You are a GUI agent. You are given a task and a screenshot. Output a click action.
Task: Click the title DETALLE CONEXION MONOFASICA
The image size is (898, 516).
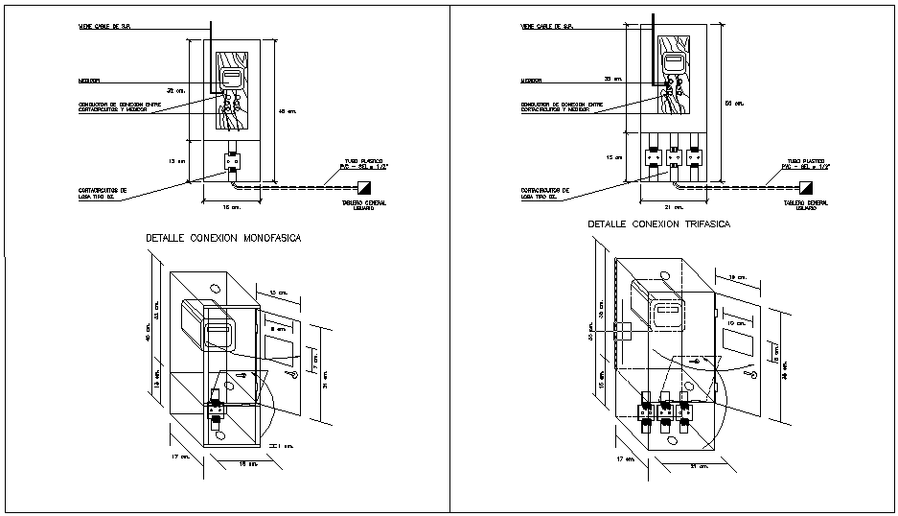click(222, 238)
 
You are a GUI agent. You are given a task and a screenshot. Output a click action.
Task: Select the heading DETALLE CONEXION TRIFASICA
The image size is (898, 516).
click(658, 223)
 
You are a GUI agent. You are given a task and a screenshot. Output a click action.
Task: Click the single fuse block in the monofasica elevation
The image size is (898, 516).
click(232, 160)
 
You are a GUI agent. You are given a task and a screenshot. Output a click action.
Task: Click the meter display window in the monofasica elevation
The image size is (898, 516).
click(231, 78)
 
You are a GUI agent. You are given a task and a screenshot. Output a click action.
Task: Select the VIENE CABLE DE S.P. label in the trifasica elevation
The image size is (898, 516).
click(547, 27)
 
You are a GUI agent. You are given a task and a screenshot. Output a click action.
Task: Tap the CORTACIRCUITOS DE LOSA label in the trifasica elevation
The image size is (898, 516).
click(544, 193)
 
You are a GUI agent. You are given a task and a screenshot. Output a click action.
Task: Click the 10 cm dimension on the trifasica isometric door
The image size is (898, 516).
click(735, 325)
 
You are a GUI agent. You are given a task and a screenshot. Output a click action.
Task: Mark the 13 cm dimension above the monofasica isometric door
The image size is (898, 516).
click(278, 292)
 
